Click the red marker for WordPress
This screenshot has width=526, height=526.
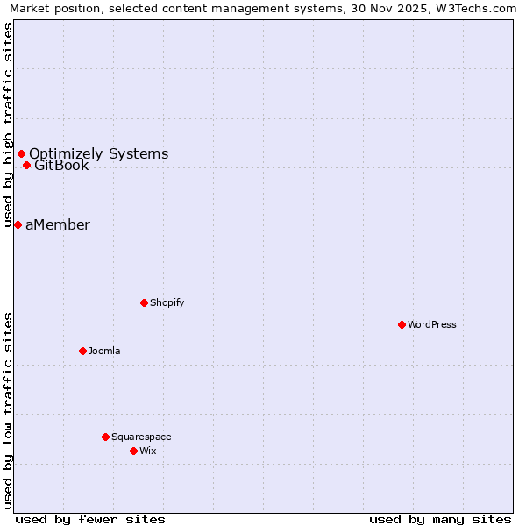(x=402, y=324)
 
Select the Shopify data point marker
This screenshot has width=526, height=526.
(x=144, y=302)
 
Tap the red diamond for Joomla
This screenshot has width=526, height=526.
(x=82, y=351)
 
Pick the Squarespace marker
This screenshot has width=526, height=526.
(x=105, y=437)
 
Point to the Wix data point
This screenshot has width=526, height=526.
(x=133, y=451)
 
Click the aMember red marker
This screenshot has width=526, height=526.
(x=18, y=225)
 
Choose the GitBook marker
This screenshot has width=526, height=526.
(x=26, y=165)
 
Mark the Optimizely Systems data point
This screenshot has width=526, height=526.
(x=21, y=154)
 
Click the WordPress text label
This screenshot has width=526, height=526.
(x=432, y=324)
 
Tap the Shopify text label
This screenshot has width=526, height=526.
(x=167, y=302)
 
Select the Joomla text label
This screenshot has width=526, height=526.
(x=104, y=351)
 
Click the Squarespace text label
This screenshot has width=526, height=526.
(x=141, y=437)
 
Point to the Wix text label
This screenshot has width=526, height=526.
(x=148, y=451)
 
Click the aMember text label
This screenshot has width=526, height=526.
(x=58, y=225)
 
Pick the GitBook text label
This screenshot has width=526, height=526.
(x=61, y=166)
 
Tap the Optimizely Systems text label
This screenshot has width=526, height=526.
(x=99, y=154)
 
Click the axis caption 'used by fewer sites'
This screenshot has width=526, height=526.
(x=90, y=519)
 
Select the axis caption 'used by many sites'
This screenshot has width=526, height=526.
(x=440, y=519)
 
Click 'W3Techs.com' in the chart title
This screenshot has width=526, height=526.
(x=478, y=8)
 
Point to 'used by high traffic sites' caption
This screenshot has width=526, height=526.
(x=9, y=125)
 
